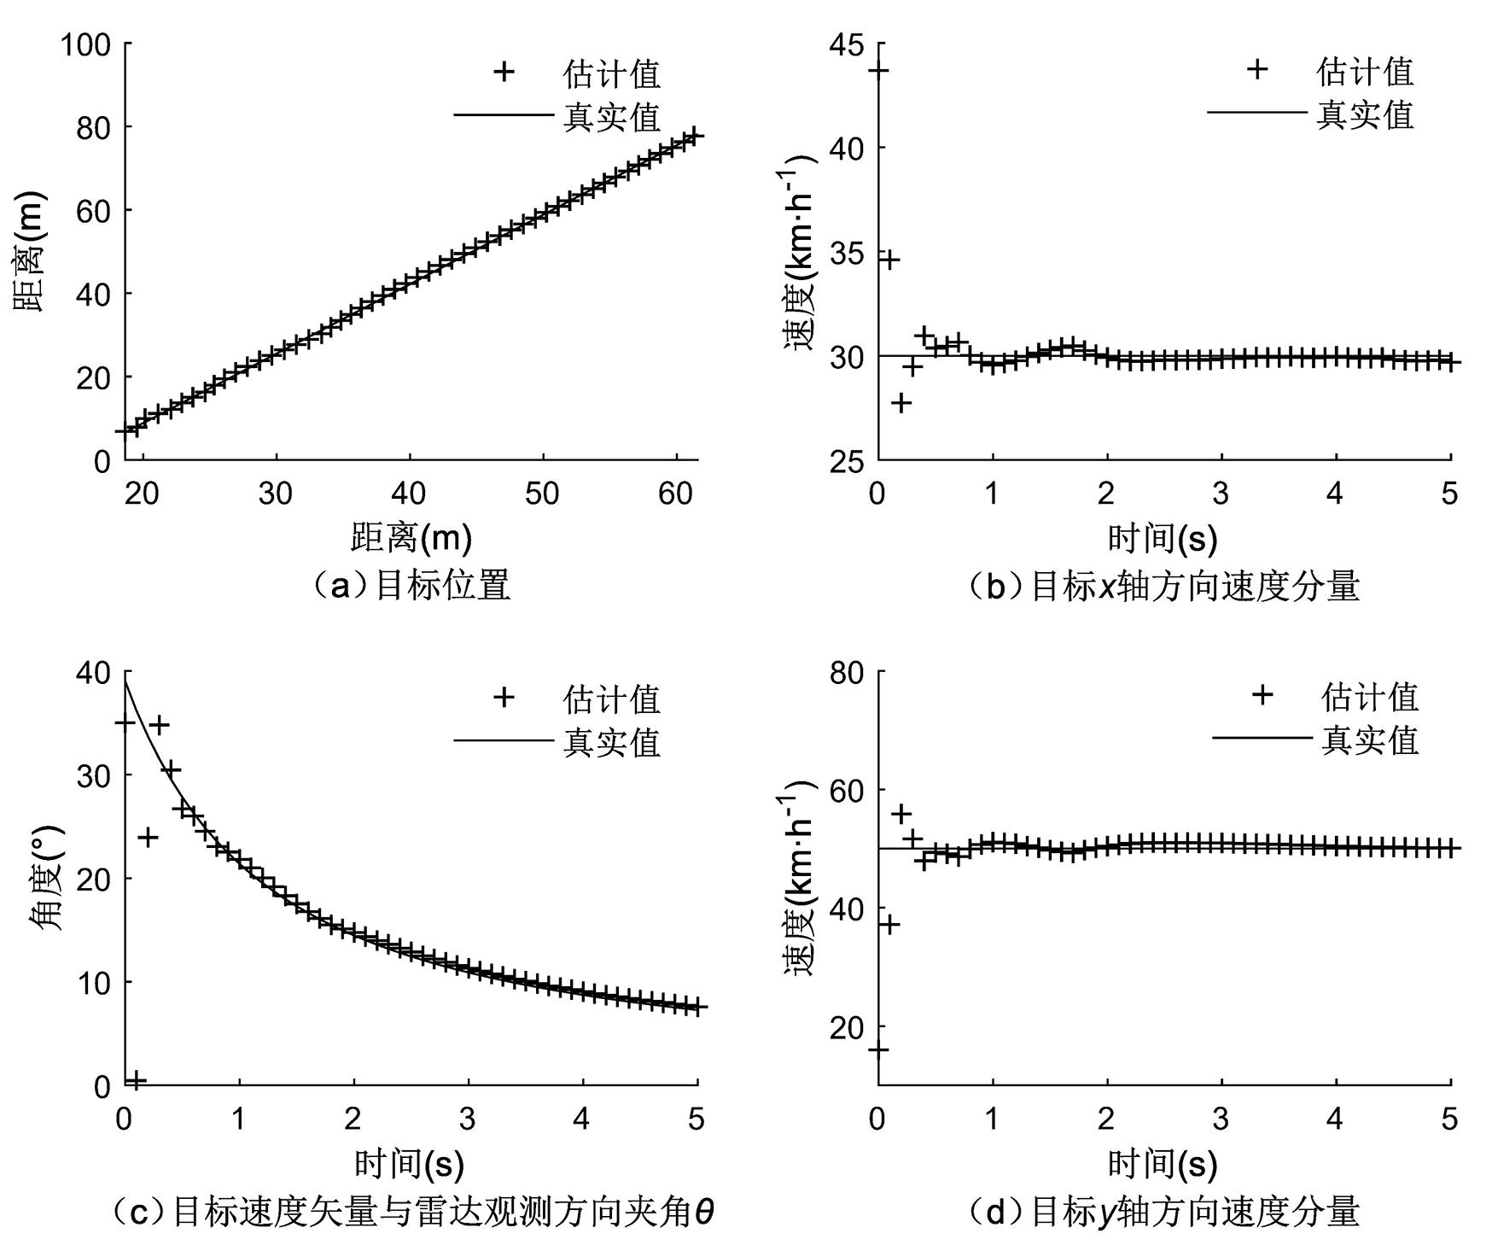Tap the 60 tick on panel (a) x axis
676,494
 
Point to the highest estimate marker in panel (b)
878,70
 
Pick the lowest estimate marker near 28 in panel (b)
901,402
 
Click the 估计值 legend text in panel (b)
1365,72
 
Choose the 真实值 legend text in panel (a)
611,115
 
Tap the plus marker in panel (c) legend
504,698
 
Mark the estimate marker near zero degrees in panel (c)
136,1080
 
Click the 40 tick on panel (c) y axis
93,672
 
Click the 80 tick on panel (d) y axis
846,672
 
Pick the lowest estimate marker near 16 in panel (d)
878,1049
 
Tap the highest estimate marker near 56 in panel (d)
901,814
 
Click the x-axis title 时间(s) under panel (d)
1162,1165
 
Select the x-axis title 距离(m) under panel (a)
411,539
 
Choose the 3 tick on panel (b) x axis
1221,494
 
